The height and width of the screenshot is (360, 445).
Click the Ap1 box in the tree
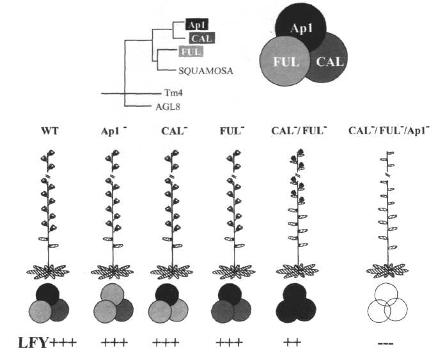[194, 24]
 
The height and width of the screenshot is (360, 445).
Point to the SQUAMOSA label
[204, 71]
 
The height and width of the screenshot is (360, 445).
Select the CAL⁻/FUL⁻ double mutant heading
[293, 133]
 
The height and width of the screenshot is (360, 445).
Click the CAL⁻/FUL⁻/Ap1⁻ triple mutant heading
[389, 133]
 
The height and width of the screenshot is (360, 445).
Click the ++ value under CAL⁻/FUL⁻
[292, 343]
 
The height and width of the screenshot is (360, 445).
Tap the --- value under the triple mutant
[386, 343]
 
